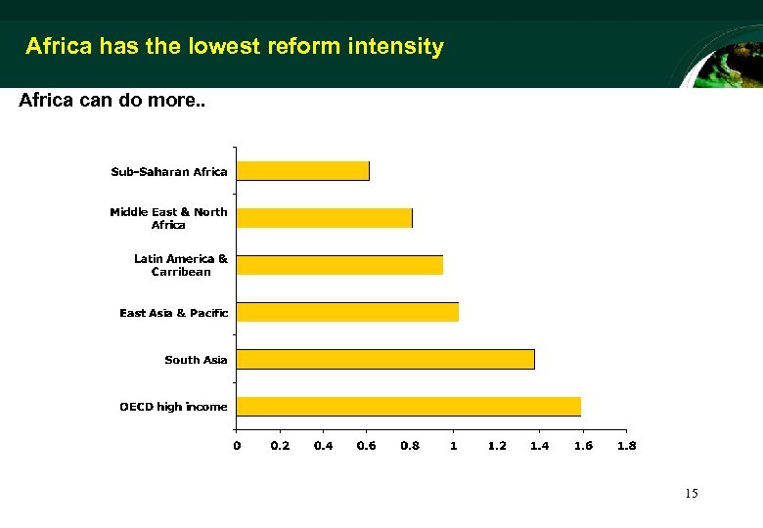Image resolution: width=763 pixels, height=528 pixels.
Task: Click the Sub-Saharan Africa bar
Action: (x=303, y=171)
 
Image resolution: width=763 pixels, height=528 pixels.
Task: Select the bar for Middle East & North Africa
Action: (x=325, y=218)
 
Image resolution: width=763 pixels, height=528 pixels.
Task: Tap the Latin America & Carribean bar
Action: (x=340, y=265)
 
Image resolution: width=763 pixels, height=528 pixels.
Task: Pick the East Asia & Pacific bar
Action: (x=348, y=312)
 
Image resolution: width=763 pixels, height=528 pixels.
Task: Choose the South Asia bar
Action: (x=385, y=359)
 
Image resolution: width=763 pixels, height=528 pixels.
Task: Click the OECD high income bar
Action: (x=409, y=406)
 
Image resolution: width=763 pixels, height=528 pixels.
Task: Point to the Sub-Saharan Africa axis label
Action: (x=169, y=172)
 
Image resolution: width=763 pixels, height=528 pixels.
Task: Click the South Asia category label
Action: (x=196, y=360)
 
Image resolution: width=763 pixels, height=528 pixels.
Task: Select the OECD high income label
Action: (x=173, y=407)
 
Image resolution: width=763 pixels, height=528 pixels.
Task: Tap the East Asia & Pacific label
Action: (x=174, y=313)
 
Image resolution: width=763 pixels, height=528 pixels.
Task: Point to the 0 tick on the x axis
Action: (x=237, y=446)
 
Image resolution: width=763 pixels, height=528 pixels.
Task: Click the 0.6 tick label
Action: (x=366, y=446)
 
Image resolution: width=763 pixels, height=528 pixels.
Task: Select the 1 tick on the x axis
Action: (x=453, y=446)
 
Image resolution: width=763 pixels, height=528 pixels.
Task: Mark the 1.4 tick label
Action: (x=539, y=446)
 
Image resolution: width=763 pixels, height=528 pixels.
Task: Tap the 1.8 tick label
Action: (x=626, y=446)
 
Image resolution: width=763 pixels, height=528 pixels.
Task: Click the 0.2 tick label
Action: (x=280, y=446)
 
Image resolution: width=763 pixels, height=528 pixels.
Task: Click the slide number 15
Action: (x=692, y=494)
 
